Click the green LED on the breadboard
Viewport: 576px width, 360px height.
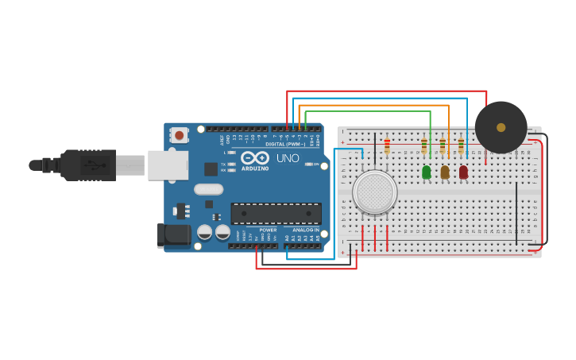[427, 172]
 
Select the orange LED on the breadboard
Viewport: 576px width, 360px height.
[445, 172]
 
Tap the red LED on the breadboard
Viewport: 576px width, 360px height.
[463, 172]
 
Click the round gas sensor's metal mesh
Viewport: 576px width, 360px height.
[374, 192]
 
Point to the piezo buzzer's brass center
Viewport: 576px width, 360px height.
[501, 127]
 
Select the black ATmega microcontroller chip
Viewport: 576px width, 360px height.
[276, 213]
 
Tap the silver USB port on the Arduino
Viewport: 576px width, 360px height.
[168, 165]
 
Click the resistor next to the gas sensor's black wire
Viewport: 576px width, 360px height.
[387, 147]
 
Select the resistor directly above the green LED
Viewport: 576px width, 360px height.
[424, 146]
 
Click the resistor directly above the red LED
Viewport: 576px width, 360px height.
[461, 146]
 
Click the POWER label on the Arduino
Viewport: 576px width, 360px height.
[268, 230]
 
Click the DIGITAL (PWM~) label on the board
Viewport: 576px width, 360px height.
[285, 144]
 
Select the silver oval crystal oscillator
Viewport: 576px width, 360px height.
[208, 189]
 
